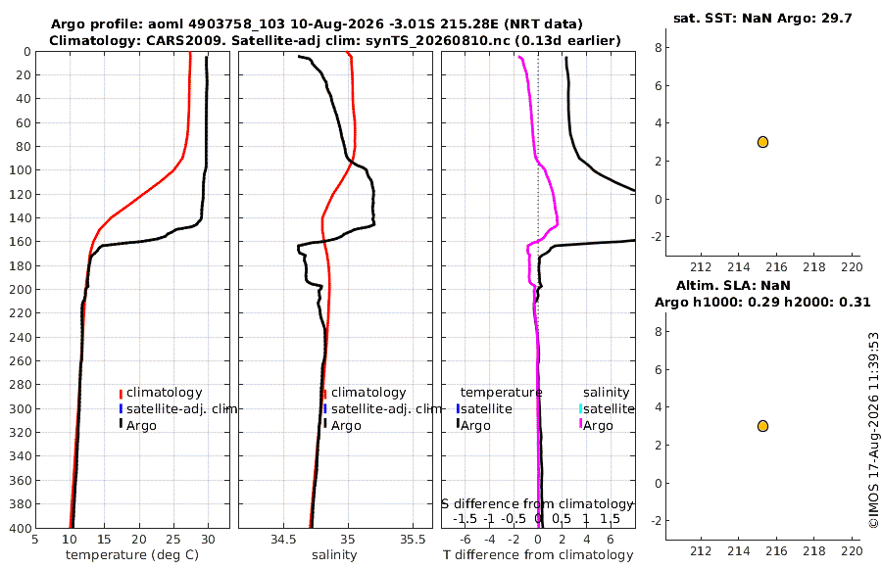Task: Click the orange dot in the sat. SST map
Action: click(x=762, y=142)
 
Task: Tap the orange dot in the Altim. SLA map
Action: click(x=762, y=426)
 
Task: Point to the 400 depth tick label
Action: click(x=20, y=528)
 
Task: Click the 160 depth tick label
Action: click(x=20, y=242)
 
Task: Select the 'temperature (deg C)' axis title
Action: click(x=132, y=555)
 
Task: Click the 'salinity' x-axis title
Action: click(x=334, y=555)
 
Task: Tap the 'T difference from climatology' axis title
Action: click(x=538, y=555)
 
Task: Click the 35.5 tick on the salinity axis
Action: click(x=413, y=540)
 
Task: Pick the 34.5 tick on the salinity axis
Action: click(x=283, y=540)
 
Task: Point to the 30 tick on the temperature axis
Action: click(x=208, y=540)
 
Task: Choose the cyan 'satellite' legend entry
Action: click(x=607, y=408)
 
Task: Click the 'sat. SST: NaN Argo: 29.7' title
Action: click(x=762, y=18)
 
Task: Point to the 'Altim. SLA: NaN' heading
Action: click(x=733, y=285)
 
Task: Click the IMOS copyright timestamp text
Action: click(x=873, y=430)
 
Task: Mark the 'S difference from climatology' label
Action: click(x=538, y=504)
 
